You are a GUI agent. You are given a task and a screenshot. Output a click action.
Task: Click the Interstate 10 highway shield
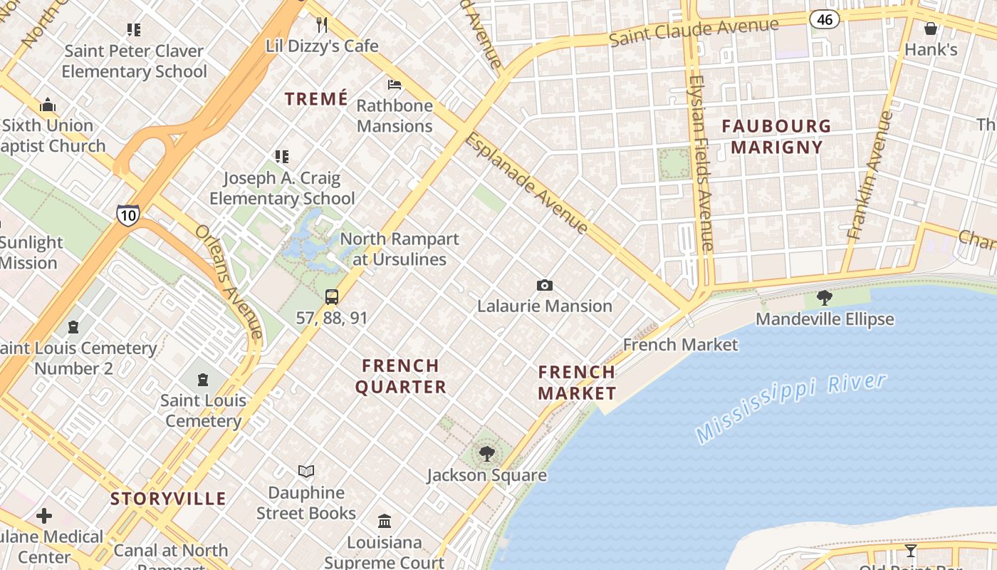coord(129,215)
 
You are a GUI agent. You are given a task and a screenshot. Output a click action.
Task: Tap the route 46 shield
coord(825,19)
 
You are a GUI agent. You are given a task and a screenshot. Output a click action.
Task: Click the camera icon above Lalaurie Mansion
coord(545,286)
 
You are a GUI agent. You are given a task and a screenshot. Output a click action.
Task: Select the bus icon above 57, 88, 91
coord(332,297)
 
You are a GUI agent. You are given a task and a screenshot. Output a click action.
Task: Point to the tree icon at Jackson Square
coord(487,453)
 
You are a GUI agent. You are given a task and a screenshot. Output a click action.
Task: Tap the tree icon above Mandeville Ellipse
coord(825,297)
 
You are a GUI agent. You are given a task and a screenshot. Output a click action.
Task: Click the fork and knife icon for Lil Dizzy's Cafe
coord(322,25)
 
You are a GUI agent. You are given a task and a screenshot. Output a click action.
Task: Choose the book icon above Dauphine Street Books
coord(306,472)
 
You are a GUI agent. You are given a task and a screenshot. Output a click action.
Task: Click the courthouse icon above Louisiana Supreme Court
coord(385,522)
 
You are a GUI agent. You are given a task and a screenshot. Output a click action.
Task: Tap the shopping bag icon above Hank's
coord(931,28)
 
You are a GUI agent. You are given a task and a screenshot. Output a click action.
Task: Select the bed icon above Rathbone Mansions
coord(395,85)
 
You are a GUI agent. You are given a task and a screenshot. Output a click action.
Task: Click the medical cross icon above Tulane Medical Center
coord(44,515)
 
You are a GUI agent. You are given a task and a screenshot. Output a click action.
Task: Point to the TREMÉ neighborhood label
coord(317,99)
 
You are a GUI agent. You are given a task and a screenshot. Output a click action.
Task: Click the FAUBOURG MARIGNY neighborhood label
coord(776,137)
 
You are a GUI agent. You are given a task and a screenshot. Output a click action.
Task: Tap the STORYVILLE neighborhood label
coord(168,499)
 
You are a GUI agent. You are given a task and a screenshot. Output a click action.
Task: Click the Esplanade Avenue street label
coord(526,183)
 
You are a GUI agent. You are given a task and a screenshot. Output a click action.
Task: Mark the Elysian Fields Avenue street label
coord(701,162)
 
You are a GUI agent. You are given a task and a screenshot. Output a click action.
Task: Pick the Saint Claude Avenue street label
coord(694,32)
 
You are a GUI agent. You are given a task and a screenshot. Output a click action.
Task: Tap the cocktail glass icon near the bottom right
coord(911,550)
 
